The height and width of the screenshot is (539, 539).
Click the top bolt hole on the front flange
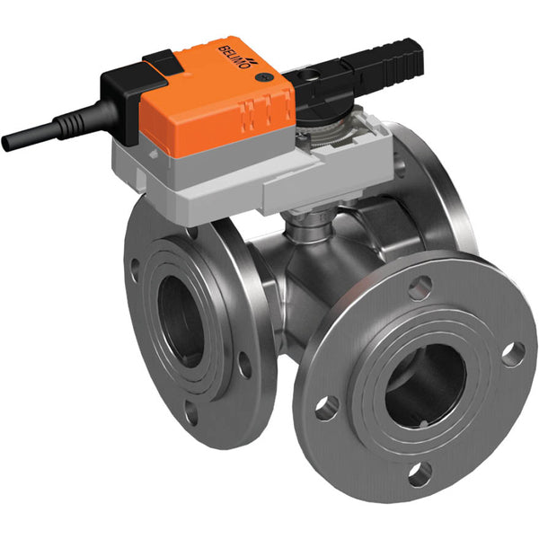(419, 287)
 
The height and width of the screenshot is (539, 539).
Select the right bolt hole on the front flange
(513, 354)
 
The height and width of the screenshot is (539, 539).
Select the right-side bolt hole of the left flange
(243, 364)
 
